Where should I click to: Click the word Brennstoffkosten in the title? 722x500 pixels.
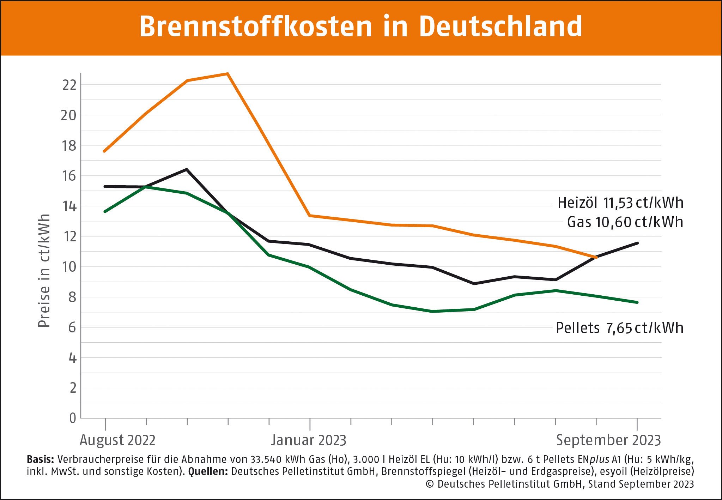pos(256,26)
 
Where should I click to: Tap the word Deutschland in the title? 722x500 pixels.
pos(500,26)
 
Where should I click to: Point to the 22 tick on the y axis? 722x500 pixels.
pos(69,85)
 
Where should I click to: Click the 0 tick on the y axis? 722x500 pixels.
pos(73,418)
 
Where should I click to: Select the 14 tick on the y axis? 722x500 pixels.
pos(69,206)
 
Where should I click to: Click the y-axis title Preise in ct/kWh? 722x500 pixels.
pos(44,271)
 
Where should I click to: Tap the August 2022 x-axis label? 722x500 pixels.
pos(117,440)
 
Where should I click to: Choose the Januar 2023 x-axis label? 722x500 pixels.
pos(309,440)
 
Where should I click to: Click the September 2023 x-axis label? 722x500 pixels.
pos(608,440)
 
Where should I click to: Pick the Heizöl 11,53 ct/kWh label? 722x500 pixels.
pos(620,203)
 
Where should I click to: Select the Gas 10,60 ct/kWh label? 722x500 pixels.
pos(625,222)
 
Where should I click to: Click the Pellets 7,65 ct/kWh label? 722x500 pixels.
pos(619,328)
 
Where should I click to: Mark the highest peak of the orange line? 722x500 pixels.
pos(228,74)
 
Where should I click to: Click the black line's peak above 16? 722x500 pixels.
pos(187,169)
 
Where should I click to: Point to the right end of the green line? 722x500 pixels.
pos(637,302)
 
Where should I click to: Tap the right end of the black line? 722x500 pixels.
pos(637,243)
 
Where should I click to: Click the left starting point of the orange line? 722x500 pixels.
pos(104,151)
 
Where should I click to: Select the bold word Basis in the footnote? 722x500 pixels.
pos(40,459)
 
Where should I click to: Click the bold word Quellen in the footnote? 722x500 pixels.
pos(208,471)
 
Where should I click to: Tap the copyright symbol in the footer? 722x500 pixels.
pos(429,484)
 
